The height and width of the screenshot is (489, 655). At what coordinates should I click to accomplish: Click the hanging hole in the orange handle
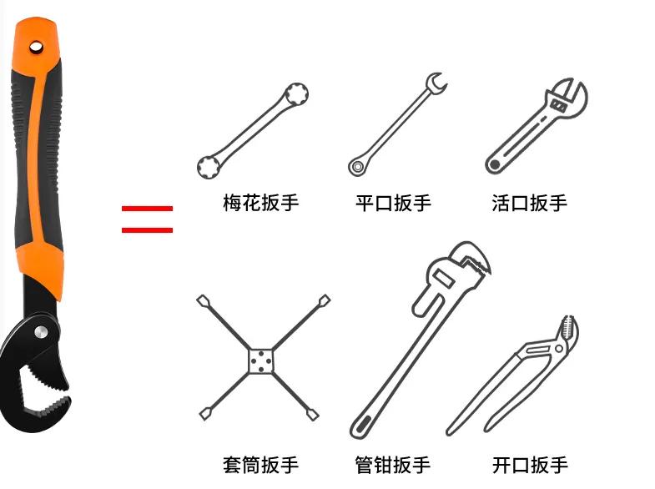(36, 46)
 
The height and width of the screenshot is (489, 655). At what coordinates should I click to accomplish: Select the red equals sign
(147, 219)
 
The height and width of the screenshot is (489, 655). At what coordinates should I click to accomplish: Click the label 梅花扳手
(260, 203)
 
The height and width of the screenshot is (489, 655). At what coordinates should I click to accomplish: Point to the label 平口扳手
(393, 203)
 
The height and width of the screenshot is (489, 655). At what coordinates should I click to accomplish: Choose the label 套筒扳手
(260, 464)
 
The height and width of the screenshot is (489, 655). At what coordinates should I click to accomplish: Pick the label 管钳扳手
(393, 464)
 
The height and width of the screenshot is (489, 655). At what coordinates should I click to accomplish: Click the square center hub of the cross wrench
(262, 360)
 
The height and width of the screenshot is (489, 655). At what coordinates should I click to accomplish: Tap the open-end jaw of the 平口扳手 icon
(436, 83)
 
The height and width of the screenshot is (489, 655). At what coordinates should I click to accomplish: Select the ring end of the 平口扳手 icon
(357, 167)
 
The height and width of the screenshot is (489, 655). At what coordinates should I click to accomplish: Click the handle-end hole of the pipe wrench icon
(361, 426)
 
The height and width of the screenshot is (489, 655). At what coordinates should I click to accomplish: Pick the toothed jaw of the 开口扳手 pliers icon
(567, 334)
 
